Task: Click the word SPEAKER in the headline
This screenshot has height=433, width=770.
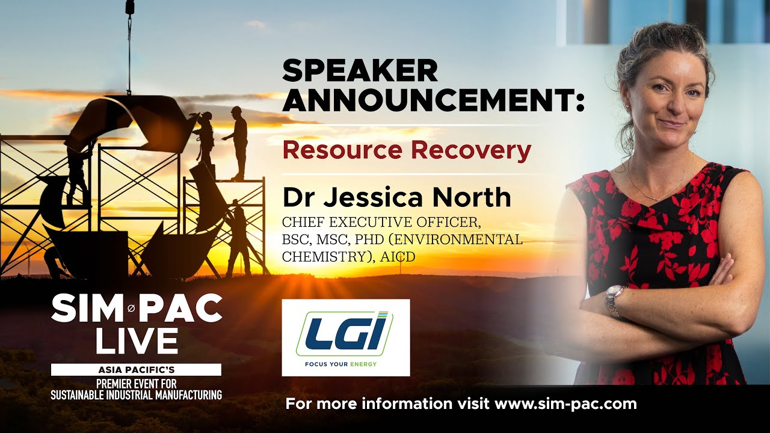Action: coord(360,71)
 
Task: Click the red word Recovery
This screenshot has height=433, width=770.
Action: coord(471,151)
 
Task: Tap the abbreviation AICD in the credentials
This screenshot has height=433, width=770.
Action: coord(398,257)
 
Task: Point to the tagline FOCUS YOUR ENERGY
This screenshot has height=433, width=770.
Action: coord(340,364)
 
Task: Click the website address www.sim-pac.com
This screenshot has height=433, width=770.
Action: coord(565,404)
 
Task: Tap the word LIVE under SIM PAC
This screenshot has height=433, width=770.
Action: coord(137,340)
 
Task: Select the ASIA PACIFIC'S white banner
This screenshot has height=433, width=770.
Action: coord(136,370)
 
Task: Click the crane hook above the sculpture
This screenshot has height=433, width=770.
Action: coord(129,14)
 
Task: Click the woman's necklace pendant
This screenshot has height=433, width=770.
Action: coord(655,198)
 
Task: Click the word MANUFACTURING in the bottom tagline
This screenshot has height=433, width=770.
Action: coord(188,395)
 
